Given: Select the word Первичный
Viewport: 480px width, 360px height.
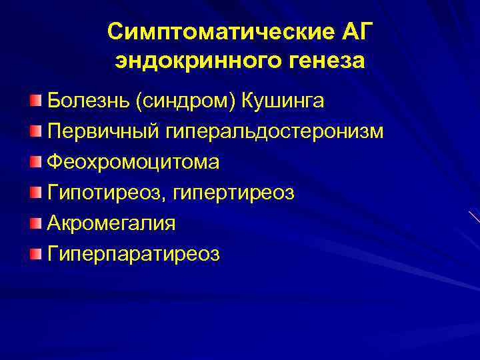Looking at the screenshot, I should [x=99, y=132].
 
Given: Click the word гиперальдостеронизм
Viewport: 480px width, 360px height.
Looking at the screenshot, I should [x=271, y=132].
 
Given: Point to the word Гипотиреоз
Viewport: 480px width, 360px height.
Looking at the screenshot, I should [x=107, y=193].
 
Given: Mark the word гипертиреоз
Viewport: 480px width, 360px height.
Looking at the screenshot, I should [x=242, y=193].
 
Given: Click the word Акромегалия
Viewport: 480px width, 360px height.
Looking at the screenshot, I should [x=111, y=223].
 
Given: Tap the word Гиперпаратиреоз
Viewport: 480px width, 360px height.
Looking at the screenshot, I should [x=133, y=254].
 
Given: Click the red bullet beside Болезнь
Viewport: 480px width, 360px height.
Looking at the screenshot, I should [x=35, y=101].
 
